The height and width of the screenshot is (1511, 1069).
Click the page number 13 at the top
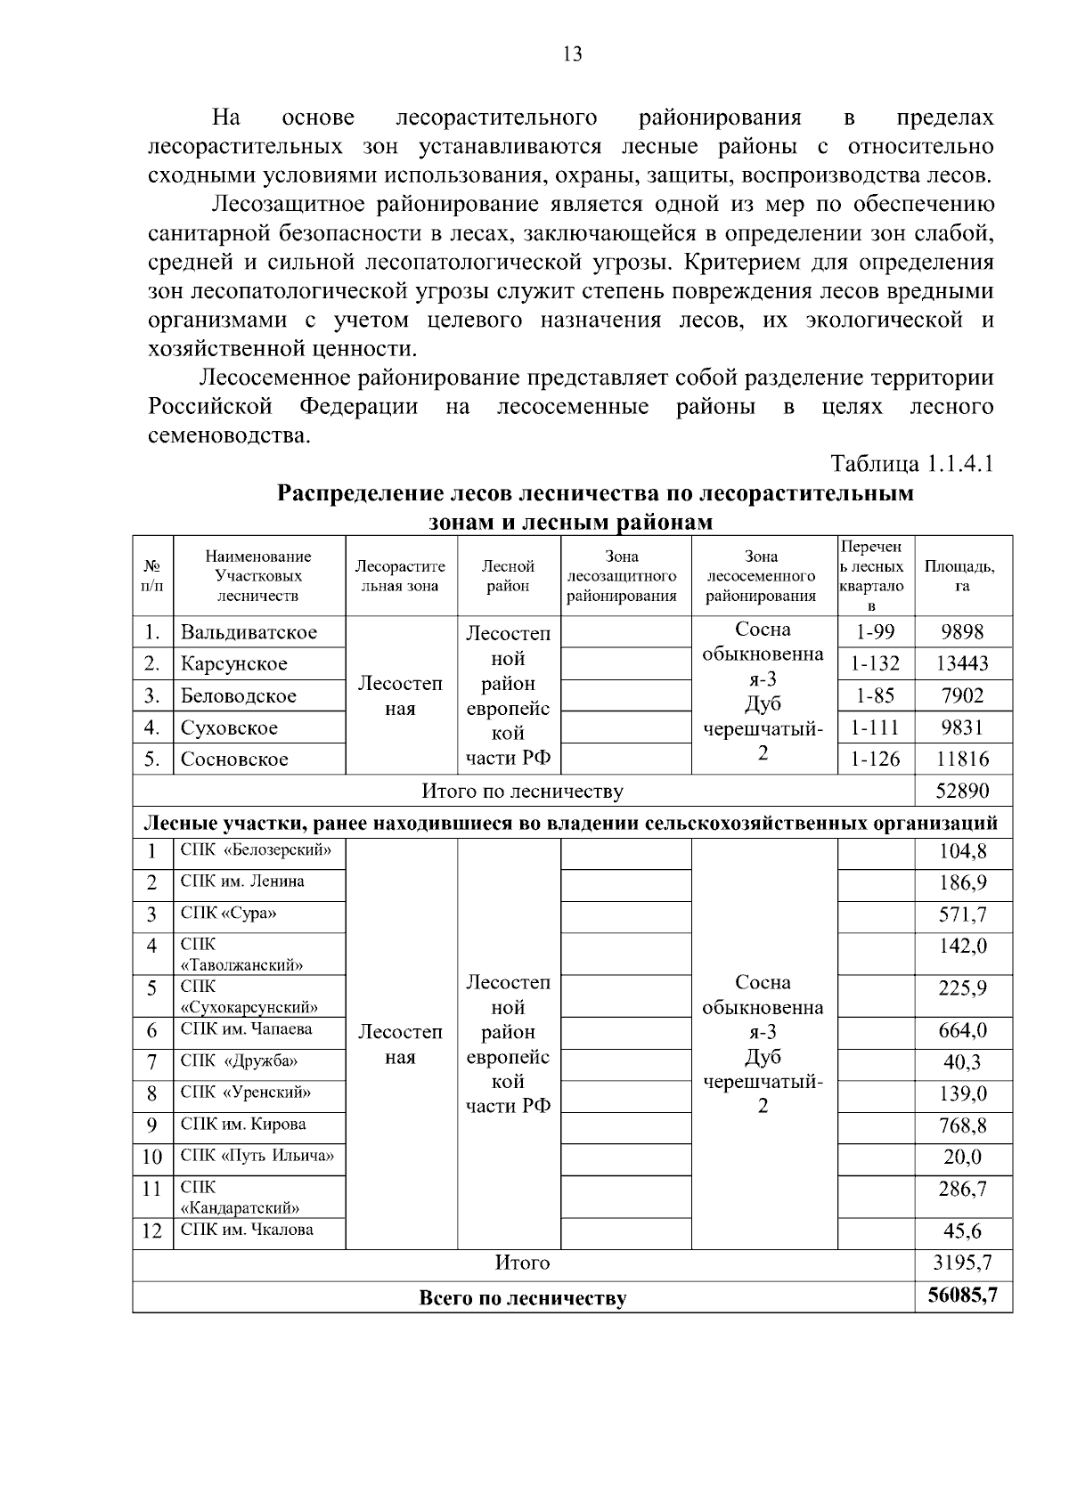click(573, 54)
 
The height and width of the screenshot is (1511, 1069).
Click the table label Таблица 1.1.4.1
click(911, 464)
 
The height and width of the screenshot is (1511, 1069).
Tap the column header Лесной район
click(508, 575)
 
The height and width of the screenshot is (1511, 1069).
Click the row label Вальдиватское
click(249, 632)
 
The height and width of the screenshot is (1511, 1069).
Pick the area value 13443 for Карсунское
click(962, 663)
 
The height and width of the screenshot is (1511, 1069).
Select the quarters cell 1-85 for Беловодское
click(875, 695)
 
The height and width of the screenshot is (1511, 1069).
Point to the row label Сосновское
click(234, 760)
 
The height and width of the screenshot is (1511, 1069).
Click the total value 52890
click(962, 791)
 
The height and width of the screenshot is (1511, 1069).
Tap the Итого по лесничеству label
click(522, 791)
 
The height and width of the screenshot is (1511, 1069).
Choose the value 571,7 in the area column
click(962, 915)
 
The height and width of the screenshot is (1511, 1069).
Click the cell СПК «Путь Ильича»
click(257, 1156)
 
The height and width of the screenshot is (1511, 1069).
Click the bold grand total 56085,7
click(962, 1296)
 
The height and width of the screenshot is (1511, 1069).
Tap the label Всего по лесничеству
click(522, 1298)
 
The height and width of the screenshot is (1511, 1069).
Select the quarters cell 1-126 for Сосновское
click(875, 760)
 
